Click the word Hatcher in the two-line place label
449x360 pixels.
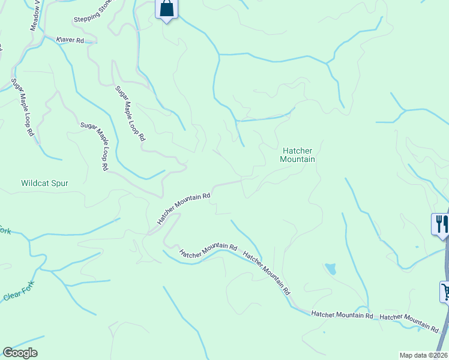click(x=298, y=151)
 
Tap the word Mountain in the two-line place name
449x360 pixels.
click(x=298, y=160)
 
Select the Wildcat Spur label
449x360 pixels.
click(x=44, y=183)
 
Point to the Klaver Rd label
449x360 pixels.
click(x=69, y=40)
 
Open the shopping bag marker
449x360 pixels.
click(x=167, y=9)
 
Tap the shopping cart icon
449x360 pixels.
click(x=445, y=292)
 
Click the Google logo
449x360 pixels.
click(x=20, y=353)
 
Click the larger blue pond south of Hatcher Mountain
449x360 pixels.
click(x=330, y=268)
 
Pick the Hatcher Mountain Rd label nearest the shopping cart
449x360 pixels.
click(x=409, y=322)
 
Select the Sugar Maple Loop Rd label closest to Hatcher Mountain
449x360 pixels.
click(x=130, y=113)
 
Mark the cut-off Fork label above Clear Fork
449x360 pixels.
click(x=5, y=230)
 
